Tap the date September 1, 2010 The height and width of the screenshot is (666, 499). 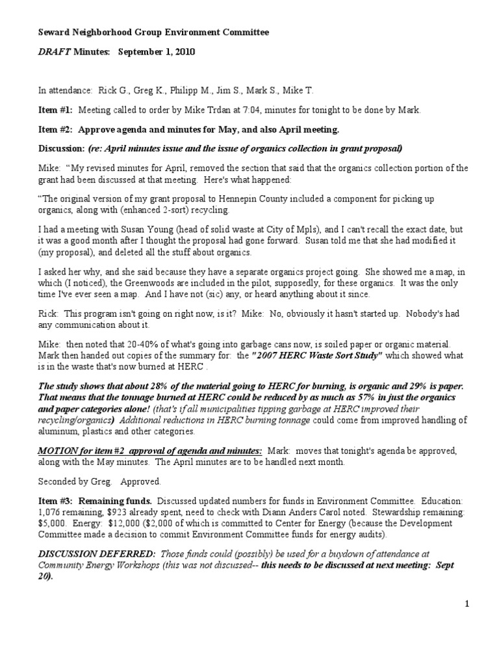[x=155, y=51]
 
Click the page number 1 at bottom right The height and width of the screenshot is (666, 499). [x=467, y=605]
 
